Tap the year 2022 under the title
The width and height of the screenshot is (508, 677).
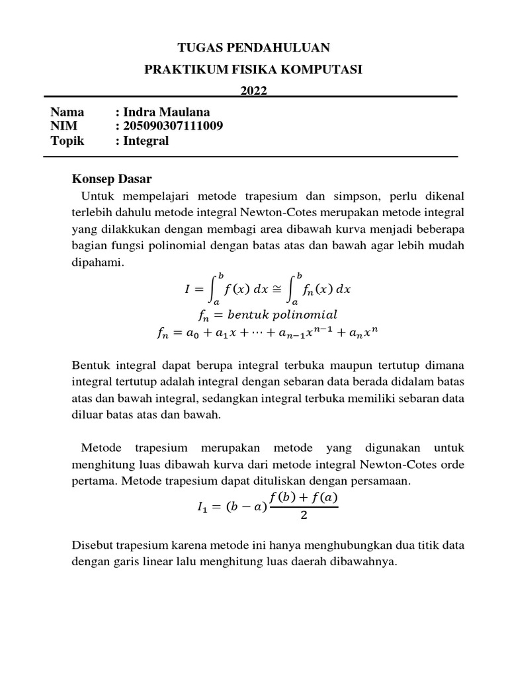pyautogui.click(x=254, y=91)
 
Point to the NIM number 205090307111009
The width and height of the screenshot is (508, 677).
pyautogui.click(x=173, y=126)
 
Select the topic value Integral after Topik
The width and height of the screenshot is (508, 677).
pyautogui.click(x=146, y=141)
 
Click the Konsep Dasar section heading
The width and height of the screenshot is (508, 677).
pyautogui.click(x=112, y=179)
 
